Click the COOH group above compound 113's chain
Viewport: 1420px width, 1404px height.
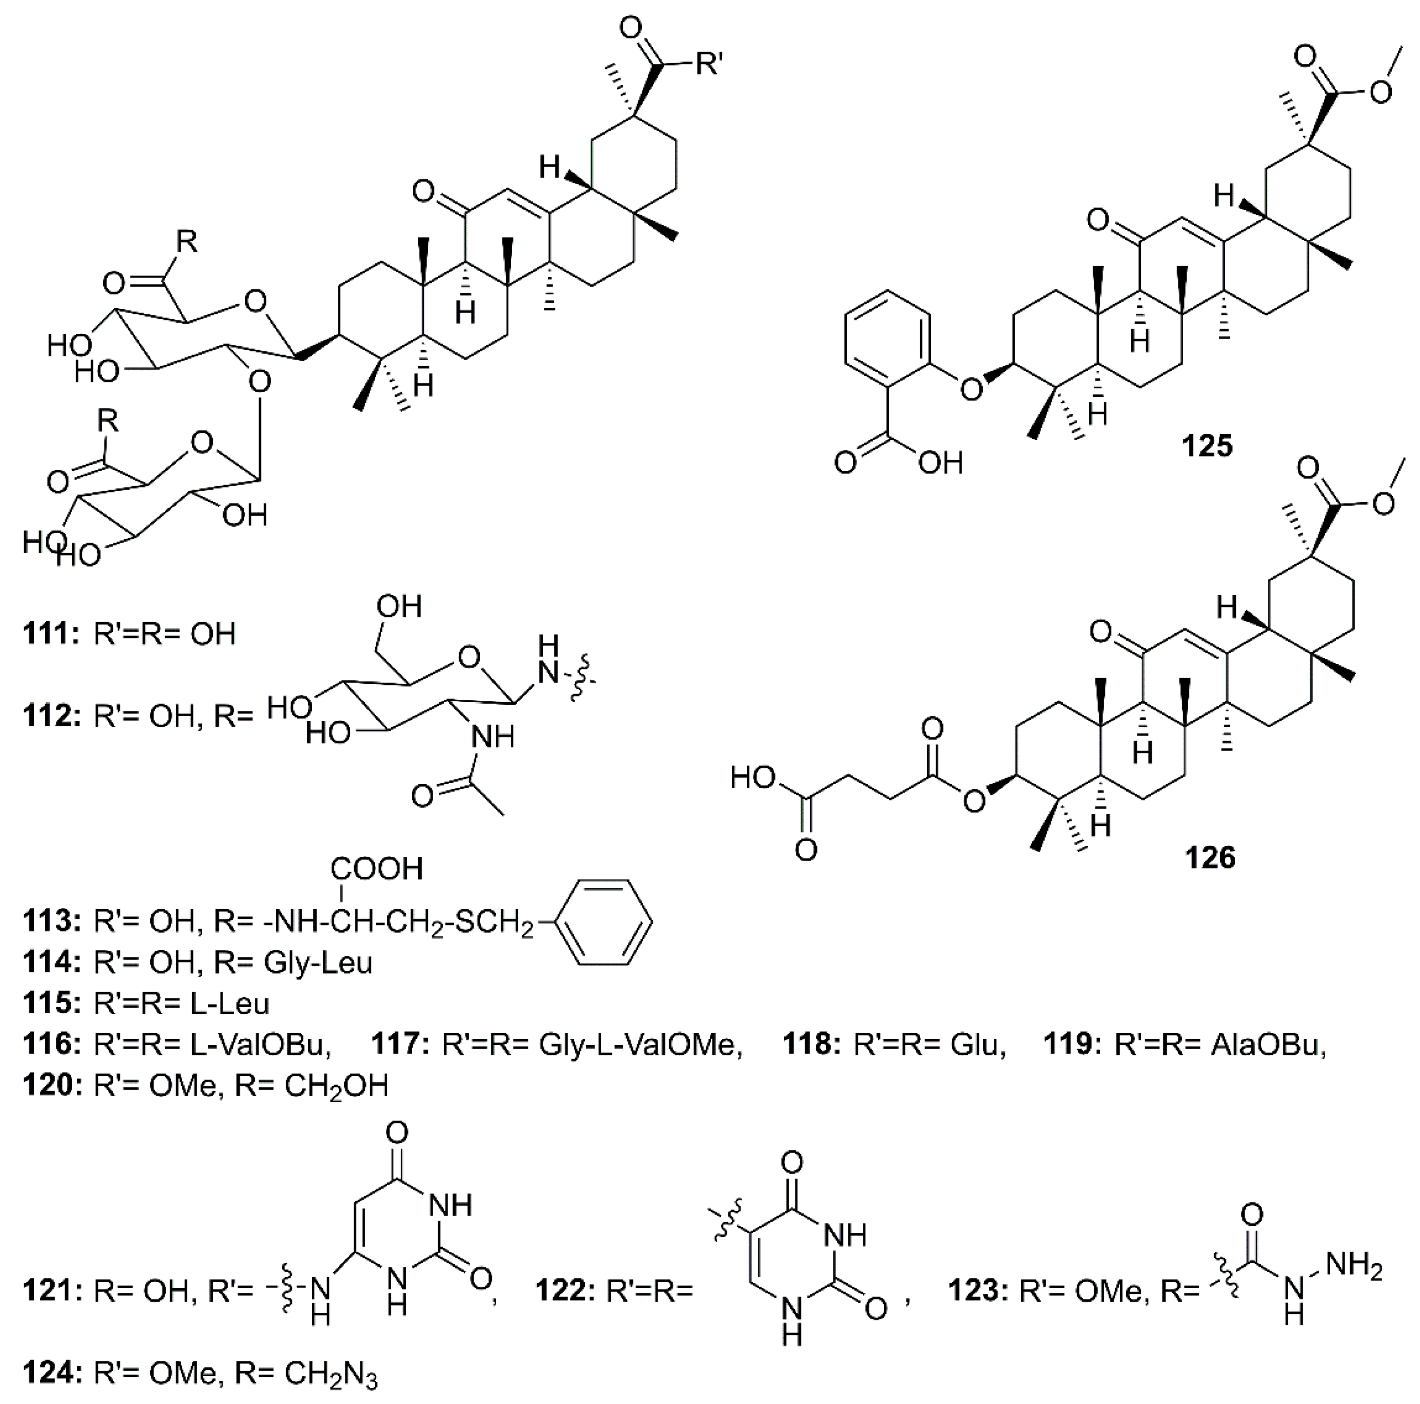(376, 868)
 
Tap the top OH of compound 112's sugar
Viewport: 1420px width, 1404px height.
(399, 607)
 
